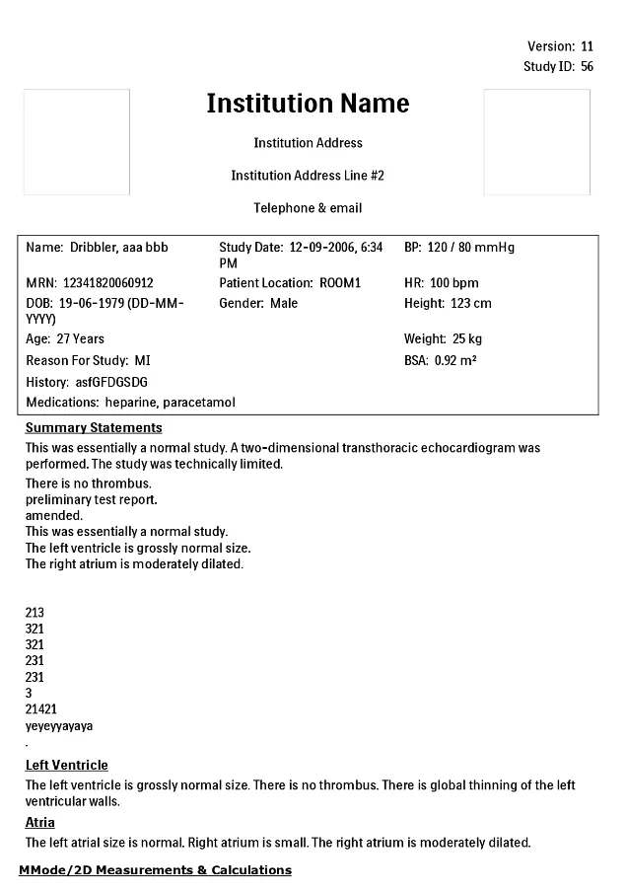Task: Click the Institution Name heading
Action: tap(308, 104)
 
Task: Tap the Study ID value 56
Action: tap(587, 66)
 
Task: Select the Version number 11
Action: tap(587, 46)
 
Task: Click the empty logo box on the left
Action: tap(77, 142)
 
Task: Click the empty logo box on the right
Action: tap(536, 142)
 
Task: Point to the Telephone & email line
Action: tap(308, 208)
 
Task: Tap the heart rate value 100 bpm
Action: tap(453, 283)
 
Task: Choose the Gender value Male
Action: tap(284, 303)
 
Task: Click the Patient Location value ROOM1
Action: tap(340, 283)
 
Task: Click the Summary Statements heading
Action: tap(94, 428)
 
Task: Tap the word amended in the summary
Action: tap(54, 515)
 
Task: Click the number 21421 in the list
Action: tap(41, 709)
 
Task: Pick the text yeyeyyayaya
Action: tap(59, 726)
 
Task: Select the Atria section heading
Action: tap(39, 822)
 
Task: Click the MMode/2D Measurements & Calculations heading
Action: tap(155, 869)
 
